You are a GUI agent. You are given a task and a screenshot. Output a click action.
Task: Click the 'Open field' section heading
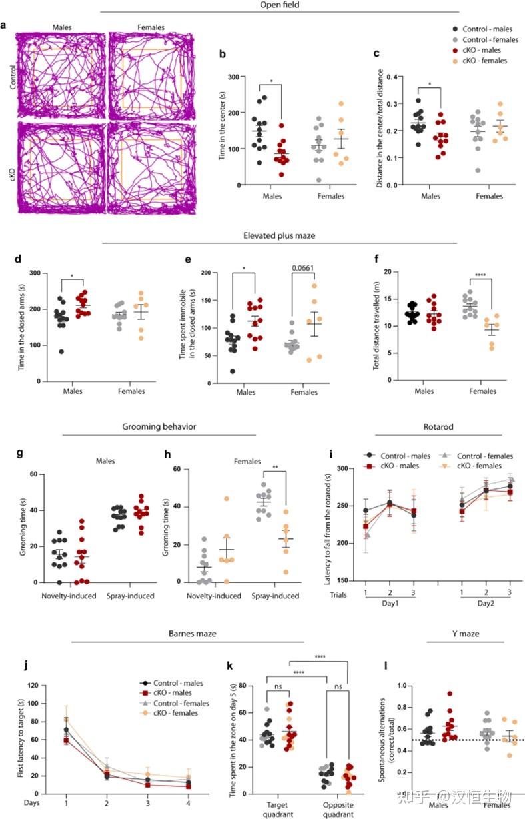point(280,5)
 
